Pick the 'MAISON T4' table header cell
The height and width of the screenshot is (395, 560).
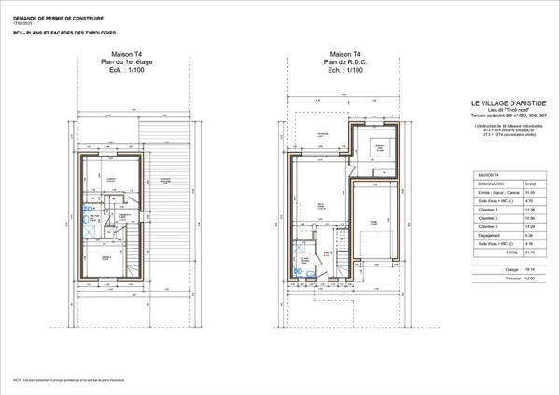pyautogui.click(x=489, y=174)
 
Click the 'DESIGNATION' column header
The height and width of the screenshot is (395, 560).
pyautogui.click(x=492, y=184)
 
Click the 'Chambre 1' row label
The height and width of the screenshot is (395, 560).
pyautogui.click(x=488, y=210)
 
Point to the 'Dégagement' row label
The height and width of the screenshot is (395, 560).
pyautogui.click(x=490, y=236)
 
